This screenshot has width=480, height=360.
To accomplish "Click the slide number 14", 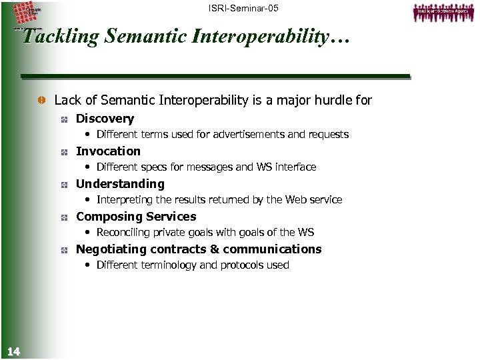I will coord(13,351).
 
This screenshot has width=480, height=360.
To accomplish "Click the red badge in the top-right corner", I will coord(441,11).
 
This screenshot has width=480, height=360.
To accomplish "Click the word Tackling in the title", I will coord(58,36).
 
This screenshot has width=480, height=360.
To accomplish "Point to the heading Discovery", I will coord(105,119).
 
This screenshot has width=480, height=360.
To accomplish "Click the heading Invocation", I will coord(108,151).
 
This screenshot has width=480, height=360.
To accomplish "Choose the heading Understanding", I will coord(120,184).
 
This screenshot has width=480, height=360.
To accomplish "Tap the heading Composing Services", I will coord(136,217).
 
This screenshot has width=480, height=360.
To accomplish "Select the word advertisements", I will coord(247,135).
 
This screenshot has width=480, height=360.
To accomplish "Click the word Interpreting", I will coord(125,200).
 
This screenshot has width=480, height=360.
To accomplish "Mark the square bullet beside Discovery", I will coord(63,119).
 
